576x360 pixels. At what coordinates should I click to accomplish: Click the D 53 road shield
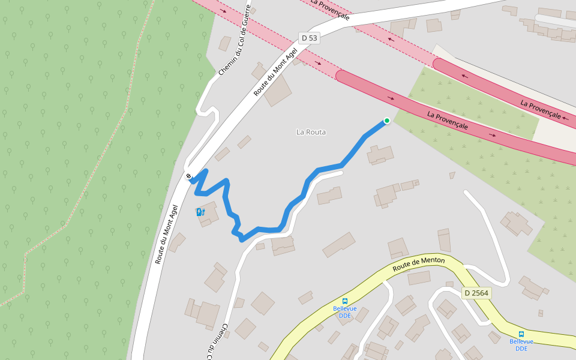pyautogui.click(x=309, y=38)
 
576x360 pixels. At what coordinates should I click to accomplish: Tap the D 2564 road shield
pyautogui.click(x=477, y=293)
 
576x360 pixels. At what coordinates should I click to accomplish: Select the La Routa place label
pyautogui.click(x=311, y=132)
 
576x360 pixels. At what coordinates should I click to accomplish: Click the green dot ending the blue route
pyautogui.click(x=387, y=121)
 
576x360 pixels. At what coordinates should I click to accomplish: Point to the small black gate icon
pyautogui.click(x=189, y=176)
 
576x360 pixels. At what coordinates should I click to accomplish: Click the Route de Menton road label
pyautogui.click(x=419, y=264)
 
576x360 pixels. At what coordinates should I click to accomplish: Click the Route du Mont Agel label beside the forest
pyautogui.click(x=167, y=234)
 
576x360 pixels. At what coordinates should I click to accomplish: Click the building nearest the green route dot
pyautogui.click(x=380, y=155)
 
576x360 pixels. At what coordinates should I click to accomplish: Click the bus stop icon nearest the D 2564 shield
pyautogui.click(x=521, y=334)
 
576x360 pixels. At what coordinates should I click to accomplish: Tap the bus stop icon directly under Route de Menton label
pyautogui.click(x=345, y=301)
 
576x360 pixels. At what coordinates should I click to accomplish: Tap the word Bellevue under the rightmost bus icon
pyautogui.click(x=521, y=341)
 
